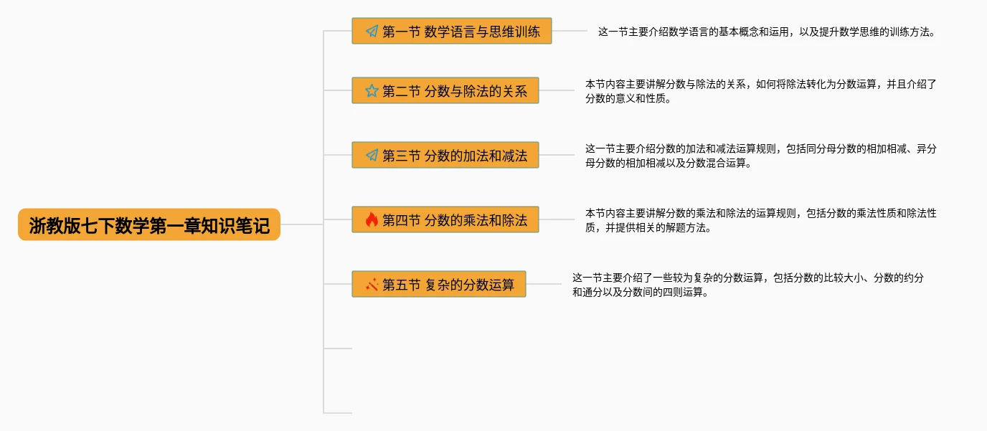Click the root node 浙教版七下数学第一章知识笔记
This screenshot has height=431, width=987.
click(148, 224)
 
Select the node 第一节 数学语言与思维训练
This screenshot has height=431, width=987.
click(452, 31)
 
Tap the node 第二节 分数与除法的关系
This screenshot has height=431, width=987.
click(445, 90)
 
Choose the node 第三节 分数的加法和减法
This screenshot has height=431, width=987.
click(445, 155)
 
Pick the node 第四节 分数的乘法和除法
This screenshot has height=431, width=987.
click(445, 219)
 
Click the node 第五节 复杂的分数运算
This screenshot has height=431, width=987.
click(439, 284)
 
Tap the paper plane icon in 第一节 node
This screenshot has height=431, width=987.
click(372, 32)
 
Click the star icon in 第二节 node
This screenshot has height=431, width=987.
click(372, 91)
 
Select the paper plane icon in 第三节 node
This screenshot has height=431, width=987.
click(372, 156)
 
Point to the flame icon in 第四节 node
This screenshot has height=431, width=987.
click(372, 219)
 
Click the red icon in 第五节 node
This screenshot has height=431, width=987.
click(372, 285)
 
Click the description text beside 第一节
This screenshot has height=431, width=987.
click(766, 32)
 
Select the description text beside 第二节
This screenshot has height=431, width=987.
click(760, 91)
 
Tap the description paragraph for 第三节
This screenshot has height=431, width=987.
click(760, 156)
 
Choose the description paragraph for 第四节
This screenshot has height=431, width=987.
click(760, 220)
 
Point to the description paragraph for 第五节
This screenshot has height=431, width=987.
click(747, 285)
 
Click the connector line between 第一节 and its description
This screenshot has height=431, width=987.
click(570, 31)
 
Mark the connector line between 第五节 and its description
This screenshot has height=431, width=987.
click(544, 284)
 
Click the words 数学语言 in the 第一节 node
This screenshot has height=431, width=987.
click(447, 32)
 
